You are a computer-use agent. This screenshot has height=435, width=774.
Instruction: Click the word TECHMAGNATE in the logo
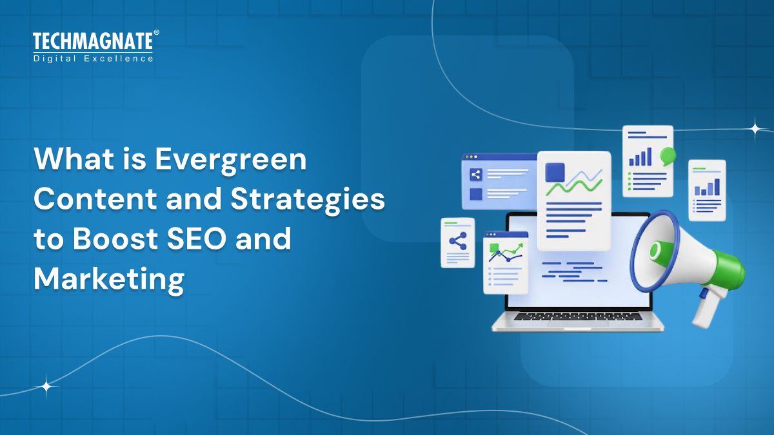(x=93, y=42)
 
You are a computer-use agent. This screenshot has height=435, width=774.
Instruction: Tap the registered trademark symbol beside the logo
(x=156, y=32)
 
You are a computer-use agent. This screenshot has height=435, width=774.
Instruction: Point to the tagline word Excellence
(x=125, y=59)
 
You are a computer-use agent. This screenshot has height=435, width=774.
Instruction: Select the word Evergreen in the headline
(x=230, y=159)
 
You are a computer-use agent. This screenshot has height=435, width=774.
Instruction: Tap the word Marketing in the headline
(x=109, y=280)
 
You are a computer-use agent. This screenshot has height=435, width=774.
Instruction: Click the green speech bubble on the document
(x=668, y=155)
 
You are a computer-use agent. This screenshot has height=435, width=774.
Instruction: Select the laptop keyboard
(x=577, y=316)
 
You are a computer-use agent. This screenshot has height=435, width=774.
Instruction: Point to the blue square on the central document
(x=555, y=173)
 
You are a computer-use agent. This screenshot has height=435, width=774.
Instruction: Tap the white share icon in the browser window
(x=476, y=174)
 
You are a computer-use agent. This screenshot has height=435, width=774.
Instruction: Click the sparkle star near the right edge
(x=755, y=128)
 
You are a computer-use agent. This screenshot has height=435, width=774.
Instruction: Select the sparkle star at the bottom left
(x=46, y=387)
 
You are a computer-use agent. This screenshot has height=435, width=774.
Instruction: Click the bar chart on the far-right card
(x=707, y=188)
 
